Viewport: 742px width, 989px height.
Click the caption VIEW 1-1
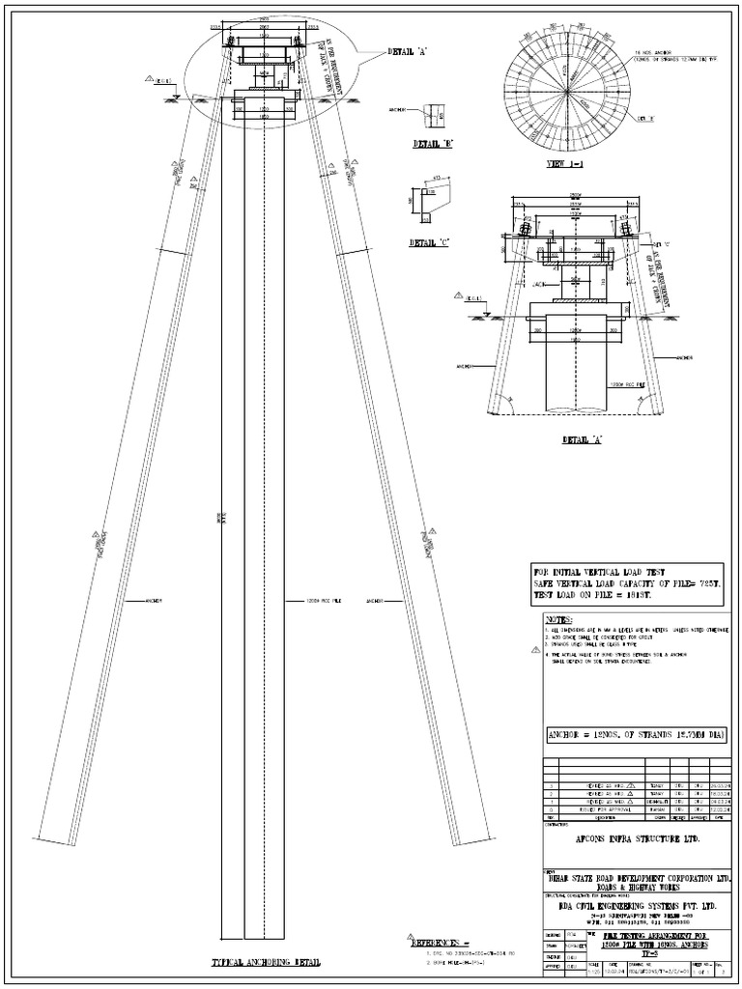567,165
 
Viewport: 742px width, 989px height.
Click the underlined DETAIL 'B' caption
433,143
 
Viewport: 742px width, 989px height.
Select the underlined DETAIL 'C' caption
431,243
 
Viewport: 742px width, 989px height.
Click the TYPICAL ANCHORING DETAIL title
266,963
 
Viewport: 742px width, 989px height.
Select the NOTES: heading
559,618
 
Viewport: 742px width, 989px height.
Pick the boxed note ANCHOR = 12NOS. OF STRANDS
636,735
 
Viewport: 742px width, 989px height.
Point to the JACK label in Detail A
538,284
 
